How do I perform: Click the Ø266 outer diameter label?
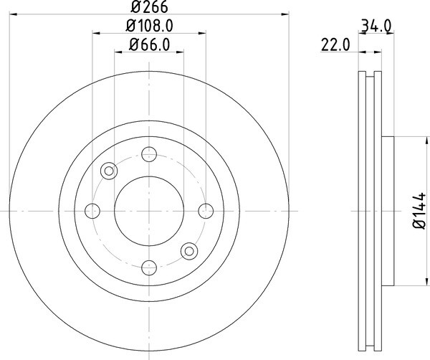coord(149,6)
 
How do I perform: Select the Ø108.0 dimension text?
coord(150,27)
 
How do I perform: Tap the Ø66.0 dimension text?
coord(149,45)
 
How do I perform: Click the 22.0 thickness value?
coord(334,45)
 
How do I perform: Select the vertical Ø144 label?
coord(419,211)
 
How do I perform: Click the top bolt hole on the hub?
coord(149,153)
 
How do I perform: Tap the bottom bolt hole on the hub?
coord(149,267)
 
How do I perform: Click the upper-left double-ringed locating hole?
coord(109,170)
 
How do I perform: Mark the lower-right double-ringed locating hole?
coord(189,250)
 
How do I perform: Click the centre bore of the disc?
coord(149,210)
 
